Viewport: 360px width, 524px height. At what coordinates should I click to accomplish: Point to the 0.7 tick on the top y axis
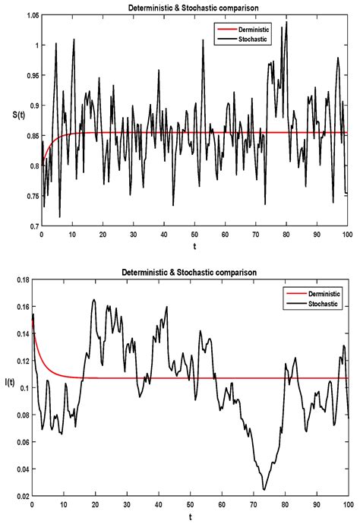[x=33, y=226]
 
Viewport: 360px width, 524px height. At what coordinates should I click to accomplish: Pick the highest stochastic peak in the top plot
[x=286, y=22]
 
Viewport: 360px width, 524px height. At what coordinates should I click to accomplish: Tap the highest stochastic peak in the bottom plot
[x=94, y=299]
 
